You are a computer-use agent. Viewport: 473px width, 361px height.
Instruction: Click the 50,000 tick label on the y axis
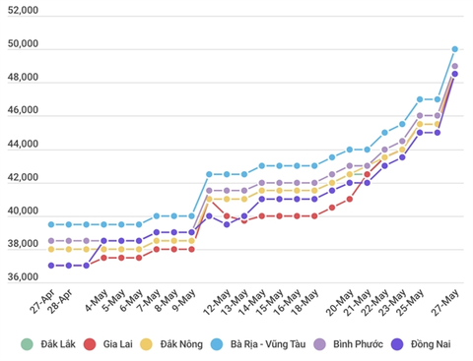point(21,45)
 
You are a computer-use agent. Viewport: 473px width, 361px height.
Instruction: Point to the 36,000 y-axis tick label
point(21,277)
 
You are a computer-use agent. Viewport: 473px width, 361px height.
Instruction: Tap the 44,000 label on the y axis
point(21,145)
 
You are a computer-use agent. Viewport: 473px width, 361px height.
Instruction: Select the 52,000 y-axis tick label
point(21,12)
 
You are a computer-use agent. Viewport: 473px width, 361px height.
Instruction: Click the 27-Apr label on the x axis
point(40,298)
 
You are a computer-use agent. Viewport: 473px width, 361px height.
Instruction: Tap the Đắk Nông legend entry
point(184,344)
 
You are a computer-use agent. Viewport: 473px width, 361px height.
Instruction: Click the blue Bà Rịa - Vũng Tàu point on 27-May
point(455,48)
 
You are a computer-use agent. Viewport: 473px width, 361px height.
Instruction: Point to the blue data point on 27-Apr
point(51,224)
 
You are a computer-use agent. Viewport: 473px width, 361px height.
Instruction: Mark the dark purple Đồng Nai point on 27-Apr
point(51,266)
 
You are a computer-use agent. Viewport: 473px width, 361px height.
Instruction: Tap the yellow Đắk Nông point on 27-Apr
point(51,249)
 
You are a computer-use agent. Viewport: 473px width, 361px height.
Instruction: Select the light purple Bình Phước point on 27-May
point(455,66)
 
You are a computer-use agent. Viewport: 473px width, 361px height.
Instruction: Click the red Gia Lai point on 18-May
point(314,215)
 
